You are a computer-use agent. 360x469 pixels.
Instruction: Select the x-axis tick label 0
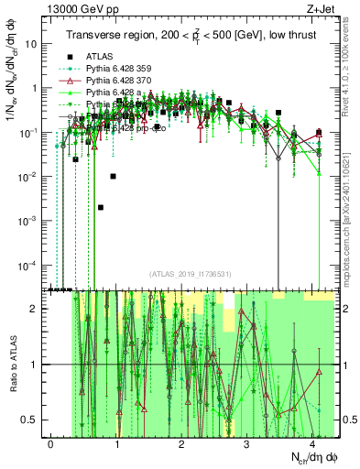[x=50, y=443]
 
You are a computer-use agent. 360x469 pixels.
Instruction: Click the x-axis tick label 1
[x=116, y=443]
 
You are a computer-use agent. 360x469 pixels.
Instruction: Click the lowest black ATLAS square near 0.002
[x=101, y=208]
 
